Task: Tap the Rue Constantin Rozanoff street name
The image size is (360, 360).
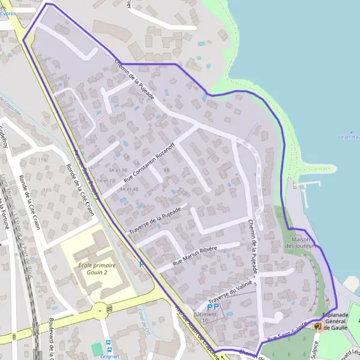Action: [x=149, y=161]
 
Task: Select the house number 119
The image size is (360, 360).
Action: [x=42, y=160]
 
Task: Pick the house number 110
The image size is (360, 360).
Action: [x=46, y=190]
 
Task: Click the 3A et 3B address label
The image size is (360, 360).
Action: [x=118, y=170]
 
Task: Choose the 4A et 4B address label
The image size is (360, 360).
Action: [x=129, y=189]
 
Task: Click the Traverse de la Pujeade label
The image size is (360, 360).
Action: [x=157, y=221]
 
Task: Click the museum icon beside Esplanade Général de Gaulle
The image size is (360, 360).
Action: [x=317, y=326]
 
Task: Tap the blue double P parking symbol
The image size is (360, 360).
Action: [x=212, y=306]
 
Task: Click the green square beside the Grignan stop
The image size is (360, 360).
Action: [x=97, y=349]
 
